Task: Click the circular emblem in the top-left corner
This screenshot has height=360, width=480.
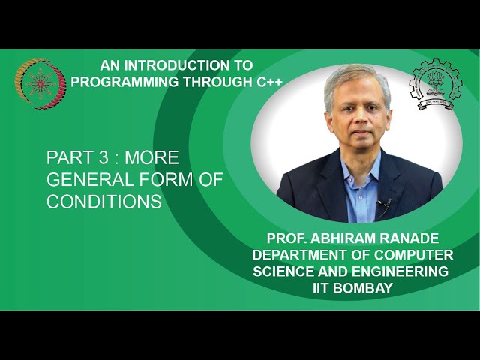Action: point(37,84)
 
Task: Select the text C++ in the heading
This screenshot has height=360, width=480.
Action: point(267,81)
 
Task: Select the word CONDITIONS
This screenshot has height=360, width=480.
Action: point(104,202)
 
